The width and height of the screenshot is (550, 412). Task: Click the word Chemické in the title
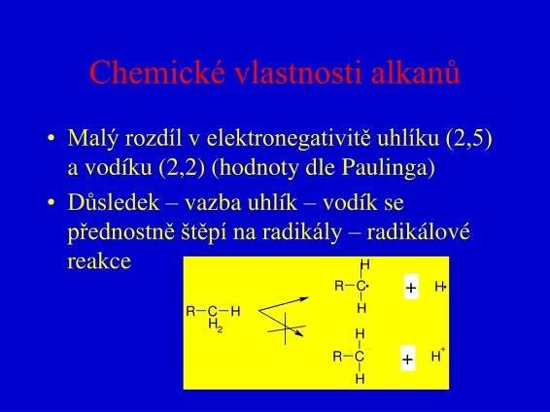[156, 72]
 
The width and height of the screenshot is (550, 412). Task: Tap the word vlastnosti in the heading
[297, 72]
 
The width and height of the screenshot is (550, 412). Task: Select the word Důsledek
[114, 203]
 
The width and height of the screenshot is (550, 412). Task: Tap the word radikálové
[418, 232]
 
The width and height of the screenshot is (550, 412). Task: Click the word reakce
[99, 261]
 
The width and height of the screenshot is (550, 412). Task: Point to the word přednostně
[120, 233]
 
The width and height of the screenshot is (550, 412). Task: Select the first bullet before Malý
[52, 137]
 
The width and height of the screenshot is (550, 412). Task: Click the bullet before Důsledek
[52, 202]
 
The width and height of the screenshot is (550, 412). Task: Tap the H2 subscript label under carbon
[216, 326]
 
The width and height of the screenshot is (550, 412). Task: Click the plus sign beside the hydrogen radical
[411, 288]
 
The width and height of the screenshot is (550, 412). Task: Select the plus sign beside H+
[407, 360]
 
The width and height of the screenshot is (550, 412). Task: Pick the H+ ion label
[438, 355]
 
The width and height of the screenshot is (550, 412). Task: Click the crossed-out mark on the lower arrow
[286, 328]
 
